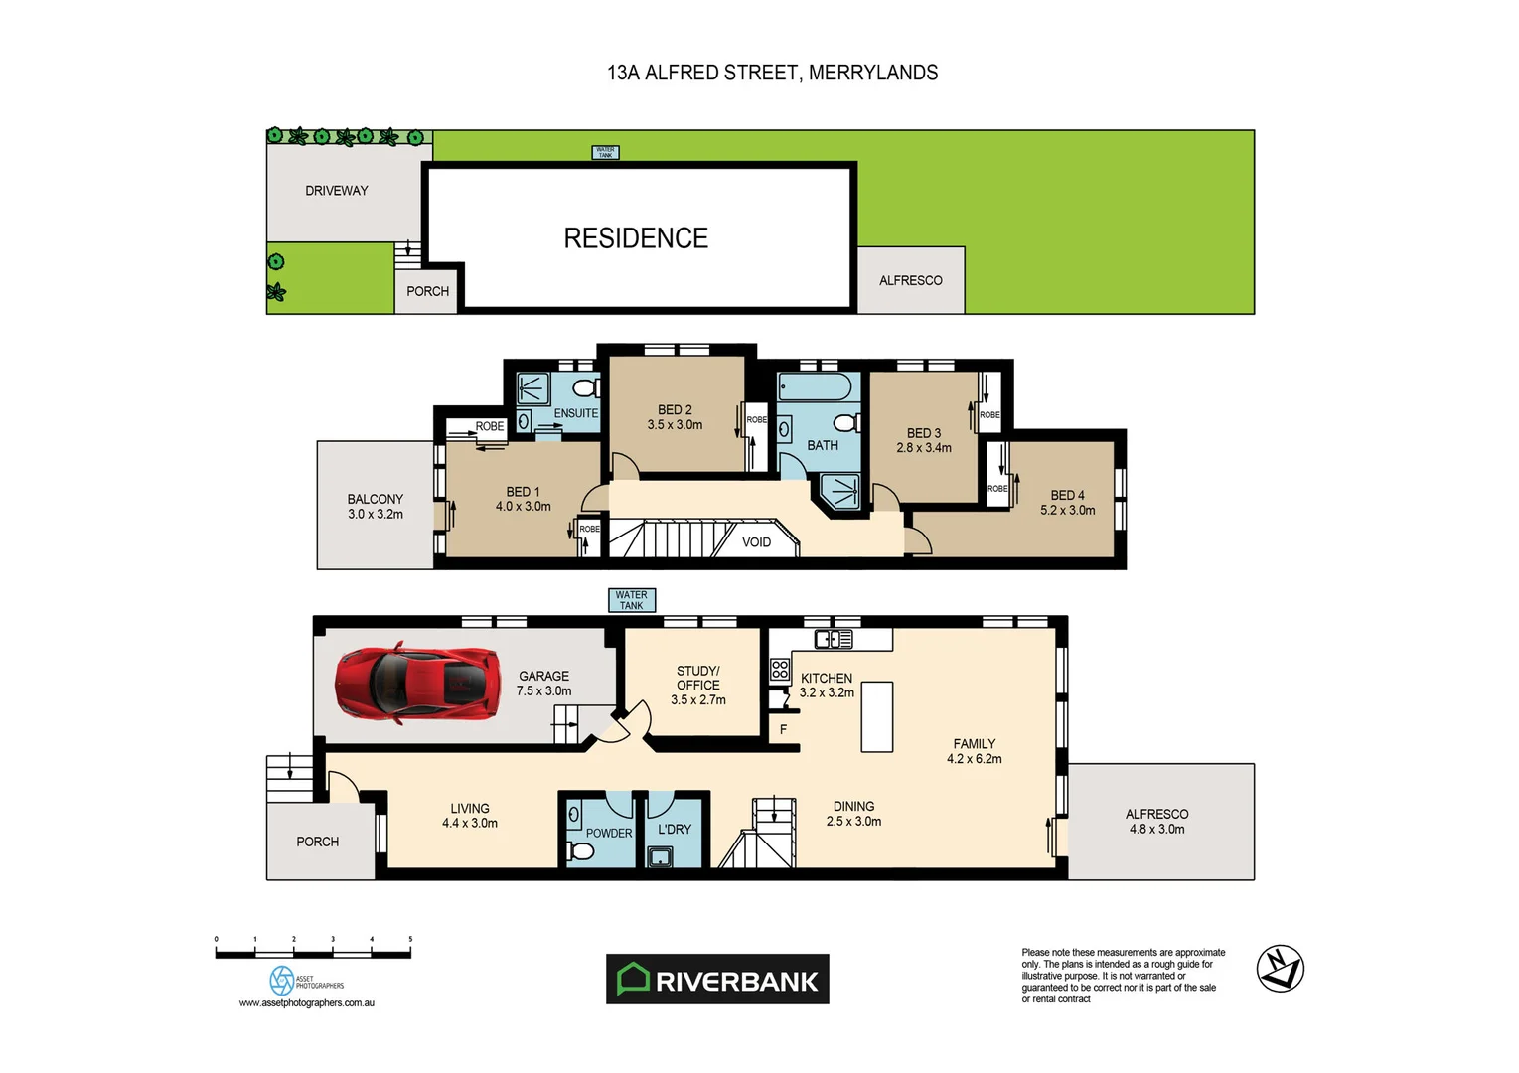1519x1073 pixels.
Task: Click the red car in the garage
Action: click(417, 684)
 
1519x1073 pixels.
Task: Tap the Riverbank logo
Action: click(717, 980)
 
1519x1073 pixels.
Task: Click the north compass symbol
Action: click(1280, 969)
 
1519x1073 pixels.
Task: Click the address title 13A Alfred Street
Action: click(772, 73)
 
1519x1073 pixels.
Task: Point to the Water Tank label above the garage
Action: click(631, 600)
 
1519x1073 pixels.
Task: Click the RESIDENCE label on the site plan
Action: click(636, 238)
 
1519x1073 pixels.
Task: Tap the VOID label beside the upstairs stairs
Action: click(756, 542)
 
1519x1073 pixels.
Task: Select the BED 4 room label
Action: click(1067, 503)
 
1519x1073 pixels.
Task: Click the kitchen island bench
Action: click(876, 716)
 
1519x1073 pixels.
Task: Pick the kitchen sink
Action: click(833, 639)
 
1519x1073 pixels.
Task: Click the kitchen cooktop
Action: click(780, 669)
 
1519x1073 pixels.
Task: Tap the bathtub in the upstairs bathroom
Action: click(814, 386)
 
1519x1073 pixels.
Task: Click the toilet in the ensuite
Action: click(586, 386)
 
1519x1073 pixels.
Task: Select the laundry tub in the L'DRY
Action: click(660, 856)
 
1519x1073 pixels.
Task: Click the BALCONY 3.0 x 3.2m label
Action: click(376, 507)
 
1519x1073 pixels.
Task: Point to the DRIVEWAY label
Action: click(337, 191)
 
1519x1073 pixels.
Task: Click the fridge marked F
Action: click(783, 729)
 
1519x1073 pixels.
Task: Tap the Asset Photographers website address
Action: click(307, 1003)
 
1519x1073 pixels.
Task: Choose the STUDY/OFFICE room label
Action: click(697, 685)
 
